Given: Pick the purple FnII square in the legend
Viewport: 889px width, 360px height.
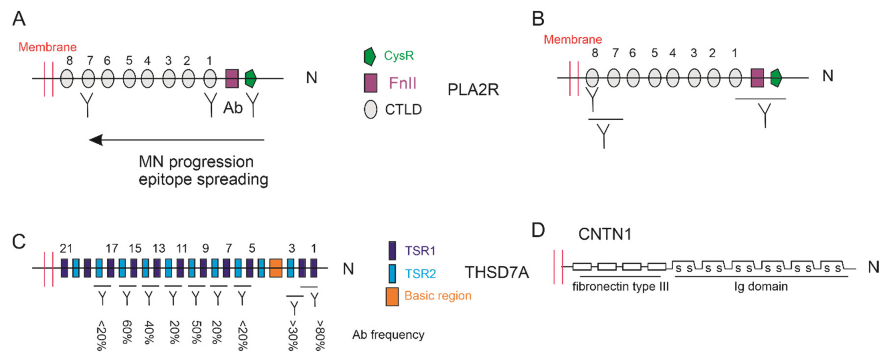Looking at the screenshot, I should (x=371, y=83).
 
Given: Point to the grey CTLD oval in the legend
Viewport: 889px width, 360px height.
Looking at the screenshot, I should (x=370, y=109).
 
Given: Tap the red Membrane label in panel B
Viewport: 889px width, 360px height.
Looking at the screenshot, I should (x=573, y=39).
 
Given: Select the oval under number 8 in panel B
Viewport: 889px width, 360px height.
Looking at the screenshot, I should (x=592, y=78).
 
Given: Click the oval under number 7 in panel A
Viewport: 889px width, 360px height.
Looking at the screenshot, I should (x=88, y=78).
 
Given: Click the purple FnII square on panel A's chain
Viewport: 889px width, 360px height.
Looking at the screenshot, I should (x=232, y=78).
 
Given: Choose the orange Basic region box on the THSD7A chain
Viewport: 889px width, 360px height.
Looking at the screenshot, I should (x=276, y=268).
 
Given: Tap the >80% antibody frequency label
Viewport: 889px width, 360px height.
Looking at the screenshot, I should (x=320, y=335).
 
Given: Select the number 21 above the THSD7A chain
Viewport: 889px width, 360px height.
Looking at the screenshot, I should (x=66, y=248).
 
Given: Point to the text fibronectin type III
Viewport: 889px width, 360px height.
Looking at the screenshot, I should (x=620, y=286).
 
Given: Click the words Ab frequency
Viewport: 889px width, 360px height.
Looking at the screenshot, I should (x=388, y=334).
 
